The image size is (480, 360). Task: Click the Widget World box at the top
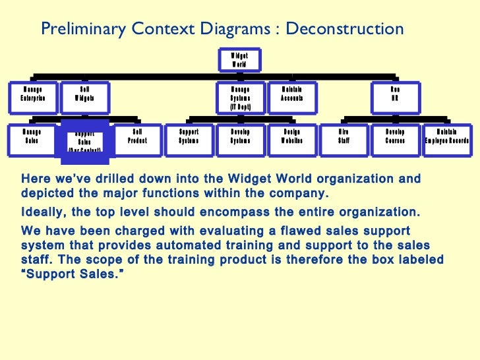239,60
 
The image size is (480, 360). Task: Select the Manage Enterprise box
32,97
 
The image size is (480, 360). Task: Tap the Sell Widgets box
85,97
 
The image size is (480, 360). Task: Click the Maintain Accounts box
292,97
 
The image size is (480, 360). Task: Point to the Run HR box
394,97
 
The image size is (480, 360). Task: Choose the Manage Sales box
32,139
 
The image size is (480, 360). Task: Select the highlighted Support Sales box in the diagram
84,141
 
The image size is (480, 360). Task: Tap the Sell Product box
137,139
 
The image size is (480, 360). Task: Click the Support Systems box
189,139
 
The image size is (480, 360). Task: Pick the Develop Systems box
240,139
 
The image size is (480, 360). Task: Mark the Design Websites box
292,139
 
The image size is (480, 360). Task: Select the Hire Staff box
344,139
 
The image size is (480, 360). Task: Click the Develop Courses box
395,139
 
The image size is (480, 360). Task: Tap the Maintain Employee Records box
447,139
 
